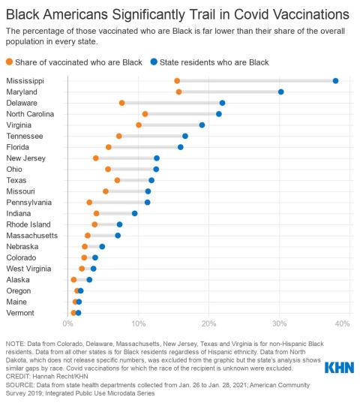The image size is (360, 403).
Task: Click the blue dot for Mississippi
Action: point(335,80)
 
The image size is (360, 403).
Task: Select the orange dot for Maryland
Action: point(178,92)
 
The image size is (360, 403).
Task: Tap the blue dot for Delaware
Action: point(222,103)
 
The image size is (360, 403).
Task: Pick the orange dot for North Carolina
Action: point(145,113)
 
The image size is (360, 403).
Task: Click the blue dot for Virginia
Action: point(202,125)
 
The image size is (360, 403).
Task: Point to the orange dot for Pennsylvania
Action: point(89,202)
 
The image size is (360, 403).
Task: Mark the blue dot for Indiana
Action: point(134,213)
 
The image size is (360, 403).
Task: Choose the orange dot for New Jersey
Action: point(95,158)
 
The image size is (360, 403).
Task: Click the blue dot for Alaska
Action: point(89,279)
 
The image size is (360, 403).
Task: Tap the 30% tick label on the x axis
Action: point(277,323)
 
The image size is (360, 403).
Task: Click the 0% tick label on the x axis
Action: point(68,323)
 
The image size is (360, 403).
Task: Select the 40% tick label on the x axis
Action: point(342,323)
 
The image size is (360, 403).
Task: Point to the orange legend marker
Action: point(9,61)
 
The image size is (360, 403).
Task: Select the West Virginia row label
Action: point(28,268)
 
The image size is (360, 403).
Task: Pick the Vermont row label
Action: point(19,312)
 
